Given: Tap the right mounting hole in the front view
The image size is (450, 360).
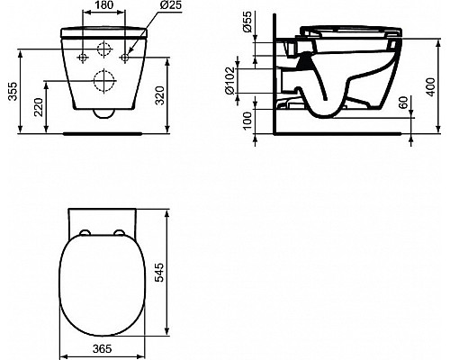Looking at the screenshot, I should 125,58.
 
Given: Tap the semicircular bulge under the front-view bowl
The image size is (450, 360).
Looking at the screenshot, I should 103,112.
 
